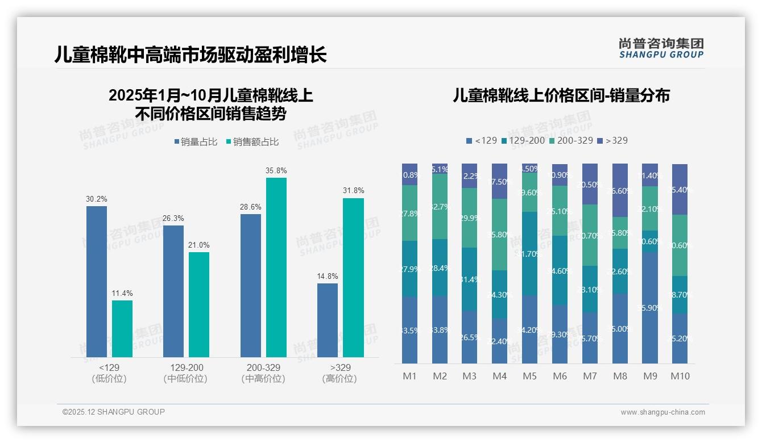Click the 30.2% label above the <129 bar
click(x=97, y=199)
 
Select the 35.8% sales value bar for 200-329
click(x=276, y=267)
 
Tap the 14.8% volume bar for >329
click(x=328, y=320)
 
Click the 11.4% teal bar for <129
click(x=122, y=329)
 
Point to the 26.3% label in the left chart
click(x=173, y=219)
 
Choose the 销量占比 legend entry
click(x=196, y=142)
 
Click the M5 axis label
click(x=529, y=376)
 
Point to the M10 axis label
click(x=680, y=376)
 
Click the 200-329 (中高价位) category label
click(x=264, y=373)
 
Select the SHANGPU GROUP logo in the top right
click(x=661, y=48)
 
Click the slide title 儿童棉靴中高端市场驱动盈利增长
click(x=191, y=55)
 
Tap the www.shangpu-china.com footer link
click(x=662, y=412)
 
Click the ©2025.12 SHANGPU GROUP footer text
click(x=114, y=412)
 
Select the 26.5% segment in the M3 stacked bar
click(x=469, y=337)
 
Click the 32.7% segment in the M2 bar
click(x=440, y=206)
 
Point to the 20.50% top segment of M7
click(x=590, y=184)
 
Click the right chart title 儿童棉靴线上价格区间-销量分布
click(x=561, y=95)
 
